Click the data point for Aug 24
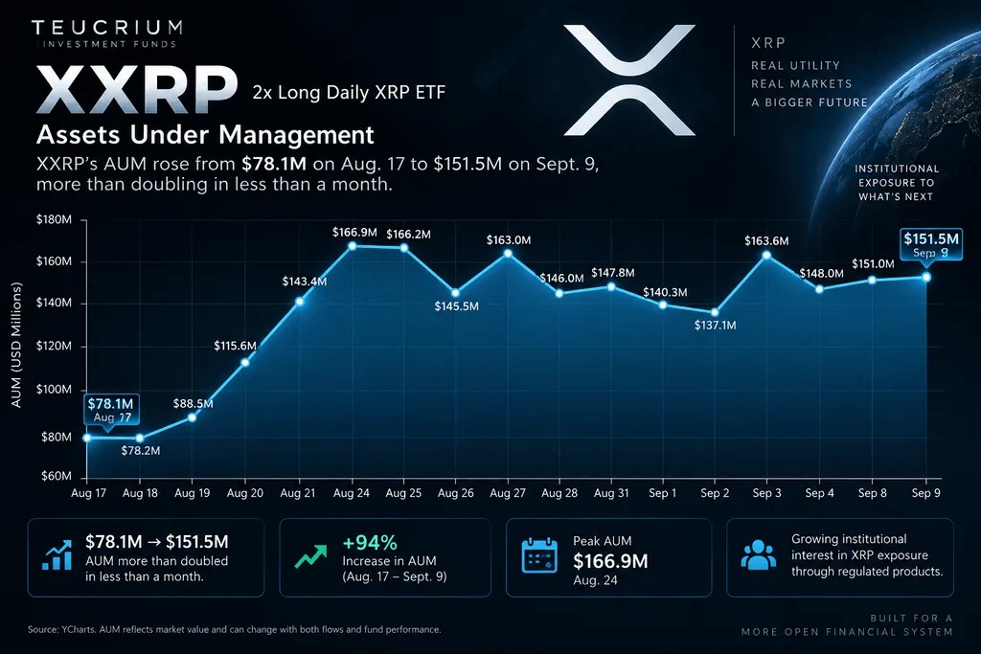[x=353, y=246]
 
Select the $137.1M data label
[x=715, y=326]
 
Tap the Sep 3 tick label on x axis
[x=767, y=493]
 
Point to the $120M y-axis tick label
[x=54, y=346]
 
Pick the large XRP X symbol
[x=629, y=80]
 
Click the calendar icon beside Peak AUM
[x=539, y=555]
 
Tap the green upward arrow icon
[x=311, y=555]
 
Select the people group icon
[x=759, y=555]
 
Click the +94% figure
[x=370, y=542]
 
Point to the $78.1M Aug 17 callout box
[x=110, y=410]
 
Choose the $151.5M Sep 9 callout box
[x=930, y=244]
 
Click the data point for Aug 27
[x=508, y=253]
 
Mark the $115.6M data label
[x=236, y=346]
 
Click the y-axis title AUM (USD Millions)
[x=17, y=345]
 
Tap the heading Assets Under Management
[x=205, y=134]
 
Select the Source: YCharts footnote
[x=234, y=630]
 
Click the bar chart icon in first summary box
[x=57, y=555]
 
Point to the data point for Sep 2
[x=715, y=312]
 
